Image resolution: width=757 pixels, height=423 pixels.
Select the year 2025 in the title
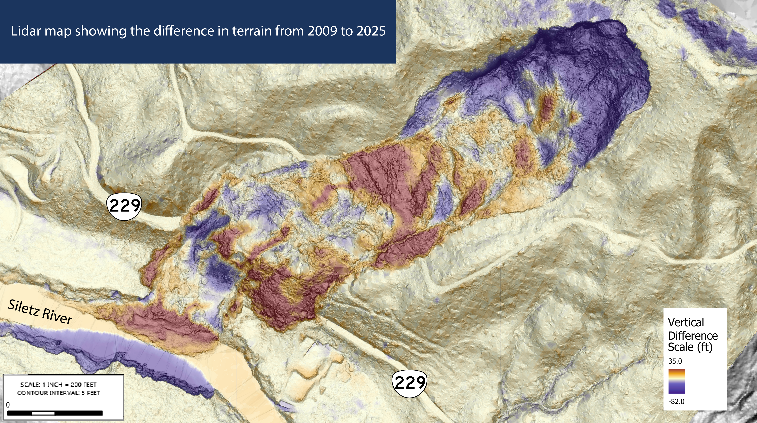pyautogui.click(x=371, y=31)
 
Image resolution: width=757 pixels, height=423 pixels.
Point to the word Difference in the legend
pyautogui.click(x=693, y=336)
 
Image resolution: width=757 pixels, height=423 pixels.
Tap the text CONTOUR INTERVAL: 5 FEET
pyautogui.click(x=58, y=393)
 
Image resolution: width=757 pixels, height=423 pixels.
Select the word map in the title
pyautogui.click(x=58, y=31)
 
